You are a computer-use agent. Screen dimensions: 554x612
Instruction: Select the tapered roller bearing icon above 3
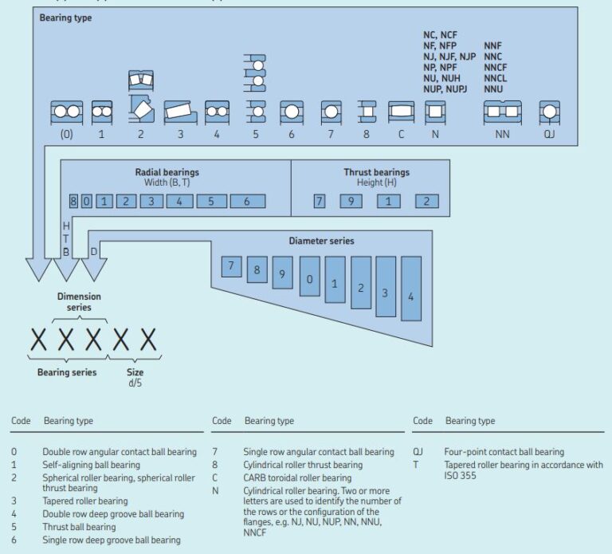(x=180, y=112)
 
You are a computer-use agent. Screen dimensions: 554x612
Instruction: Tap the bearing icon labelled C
(x=401, y=112)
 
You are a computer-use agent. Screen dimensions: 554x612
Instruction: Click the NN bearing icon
(x=502, y=112)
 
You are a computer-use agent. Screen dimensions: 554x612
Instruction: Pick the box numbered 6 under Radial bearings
(x=247, y=202)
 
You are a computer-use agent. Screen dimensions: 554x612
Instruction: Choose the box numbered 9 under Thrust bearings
(x=351, y=202)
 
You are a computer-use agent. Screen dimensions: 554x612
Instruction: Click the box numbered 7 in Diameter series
(x=231, y=266)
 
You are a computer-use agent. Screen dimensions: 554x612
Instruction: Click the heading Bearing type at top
(x=65, y=18)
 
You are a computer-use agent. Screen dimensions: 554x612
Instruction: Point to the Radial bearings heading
(x=167, y=171)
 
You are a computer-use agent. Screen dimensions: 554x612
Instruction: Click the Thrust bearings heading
(x=377, y=171)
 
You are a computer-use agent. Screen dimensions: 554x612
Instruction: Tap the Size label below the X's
(x=135, y=372)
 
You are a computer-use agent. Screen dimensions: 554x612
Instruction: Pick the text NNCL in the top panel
(x=496, y=78)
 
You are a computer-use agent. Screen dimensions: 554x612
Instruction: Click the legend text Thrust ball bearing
(x=79, y=527)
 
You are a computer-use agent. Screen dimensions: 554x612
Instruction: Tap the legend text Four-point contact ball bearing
(x=504, y=452)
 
